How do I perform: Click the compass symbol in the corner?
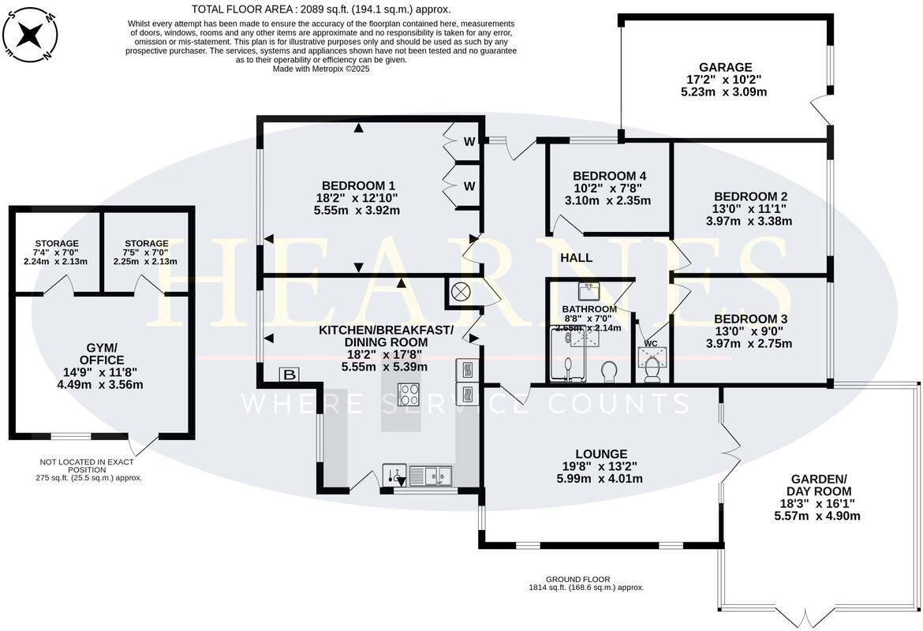(x=30, y=34)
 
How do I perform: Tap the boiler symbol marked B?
(x=290, y=375)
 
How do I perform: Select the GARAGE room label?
(x=725, y=67)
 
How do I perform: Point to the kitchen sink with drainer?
(x=430, y=476)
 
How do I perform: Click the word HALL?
(x=576, y=258)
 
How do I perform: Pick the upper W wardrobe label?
(x=469, y=143)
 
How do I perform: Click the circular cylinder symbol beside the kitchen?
(x=461, y=290)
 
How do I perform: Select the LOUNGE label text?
(x=601, y=454)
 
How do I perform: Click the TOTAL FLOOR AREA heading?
(x=321, y=9)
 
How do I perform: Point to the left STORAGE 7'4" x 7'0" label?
(x=56, y=243)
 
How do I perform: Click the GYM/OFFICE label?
(x=100, y=353)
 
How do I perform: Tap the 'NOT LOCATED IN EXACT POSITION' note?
(x=87, y=465)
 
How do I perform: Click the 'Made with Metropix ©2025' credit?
(x=321, y=69)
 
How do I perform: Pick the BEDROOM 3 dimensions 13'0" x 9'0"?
(x=748, y=331)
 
